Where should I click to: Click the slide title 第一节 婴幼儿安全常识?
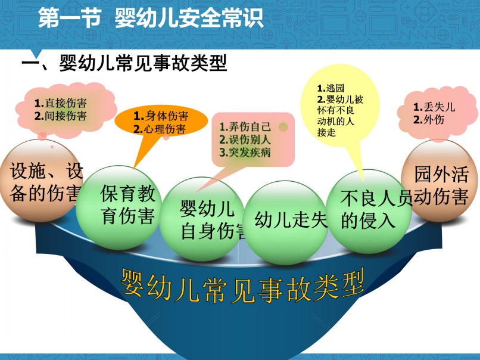(x=151, y=18)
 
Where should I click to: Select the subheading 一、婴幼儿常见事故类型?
(x=124, y=63)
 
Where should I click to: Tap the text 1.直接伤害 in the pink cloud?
(x=60, y=103)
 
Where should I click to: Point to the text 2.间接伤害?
(x=60, y=116)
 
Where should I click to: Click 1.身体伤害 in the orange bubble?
(x=161, y=116)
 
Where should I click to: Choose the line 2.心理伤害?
(x=160, y=129)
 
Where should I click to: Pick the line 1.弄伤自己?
(x=245, y=126)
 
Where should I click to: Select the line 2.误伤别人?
(x=245, y=139)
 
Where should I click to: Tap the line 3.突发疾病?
(x=245, y=152)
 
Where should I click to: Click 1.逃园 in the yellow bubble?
(x=331, y=88)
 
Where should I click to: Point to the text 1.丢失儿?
(x=434, y=107)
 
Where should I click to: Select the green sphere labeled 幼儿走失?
(x=286, y=223)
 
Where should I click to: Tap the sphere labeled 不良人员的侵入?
(x=368, y=212)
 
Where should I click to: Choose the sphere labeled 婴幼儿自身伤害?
(x=202, y=219)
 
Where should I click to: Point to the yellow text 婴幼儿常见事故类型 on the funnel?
(x=242, y=285)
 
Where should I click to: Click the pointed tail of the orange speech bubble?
(x=134, y=168)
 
